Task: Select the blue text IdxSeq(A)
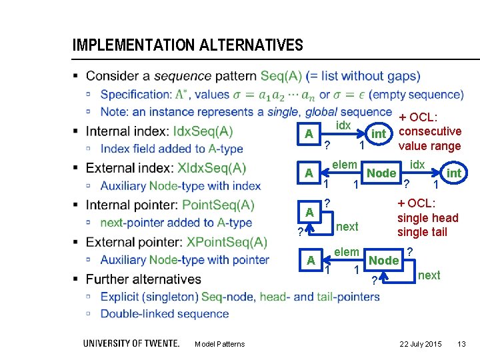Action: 203,131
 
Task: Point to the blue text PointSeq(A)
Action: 218,205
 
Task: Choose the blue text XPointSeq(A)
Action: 227,242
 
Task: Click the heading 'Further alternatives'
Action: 143,279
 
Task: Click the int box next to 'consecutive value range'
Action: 378,134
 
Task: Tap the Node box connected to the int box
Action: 382,173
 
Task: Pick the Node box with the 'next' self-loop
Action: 384,261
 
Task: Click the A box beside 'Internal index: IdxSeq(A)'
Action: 309,134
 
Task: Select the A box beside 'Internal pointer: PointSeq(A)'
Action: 309,212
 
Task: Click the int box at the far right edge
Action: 453,173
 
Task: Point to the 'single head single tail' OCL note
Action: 427,218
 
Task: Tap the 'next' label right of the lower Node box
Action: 429,275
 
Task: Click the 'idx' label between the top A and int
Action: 343,126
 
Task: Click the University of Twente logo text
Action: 131,343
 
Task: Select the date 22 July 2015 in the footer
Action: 420,343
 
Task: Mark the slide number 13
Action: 461,343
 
